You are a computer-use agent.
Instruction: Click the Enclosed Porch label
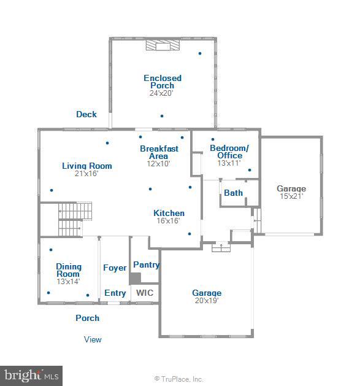(x=163, y=82)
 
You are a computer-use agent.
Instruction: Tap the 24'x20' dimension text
(x=161, y=93)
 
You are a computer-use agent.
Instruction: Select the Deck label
(x=86, y=114)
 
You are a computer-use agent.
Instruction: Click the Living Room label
(x=87, y=166)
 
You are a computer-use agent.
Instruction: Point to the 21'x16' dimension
(x=86, y=174)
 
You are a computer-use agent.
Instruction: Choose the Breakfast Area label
(x=159, y=152)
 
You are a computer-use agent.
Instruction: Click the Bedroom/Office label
(x=229, y=152)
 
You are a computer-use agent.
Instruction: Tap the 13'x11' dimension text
(x=229, y=163)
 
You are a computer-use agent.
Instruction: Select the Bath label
(x=233, y=193)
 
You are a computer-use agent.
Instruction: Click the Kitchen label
(x=169, y=213)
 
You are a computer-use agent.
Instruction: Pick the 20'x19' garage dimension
(x=207, y=301)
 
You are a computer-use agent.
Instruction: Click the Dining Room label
(x=69, y=270)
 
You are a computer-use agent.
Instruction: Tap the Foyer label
(x=115, y=268)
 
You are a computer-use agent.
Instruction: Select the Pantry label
(x=147, y=265)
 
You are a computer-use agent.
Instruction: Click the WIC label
(x=145, y=293)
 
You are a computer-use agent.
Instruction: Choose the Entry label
(x=115, y=293)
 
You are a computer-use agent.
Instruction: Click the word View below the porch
(x=93, y=339)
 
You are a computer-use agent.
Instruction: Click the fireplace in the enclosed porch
(x=163, y=45)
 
